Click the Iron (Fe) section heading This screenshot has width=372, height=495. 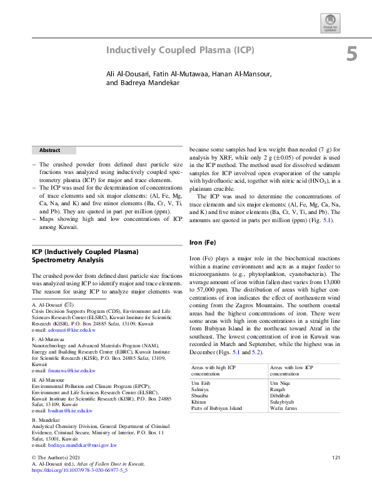pos(203,242)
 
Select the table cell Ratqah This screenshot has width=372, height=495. pos(279,389)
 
